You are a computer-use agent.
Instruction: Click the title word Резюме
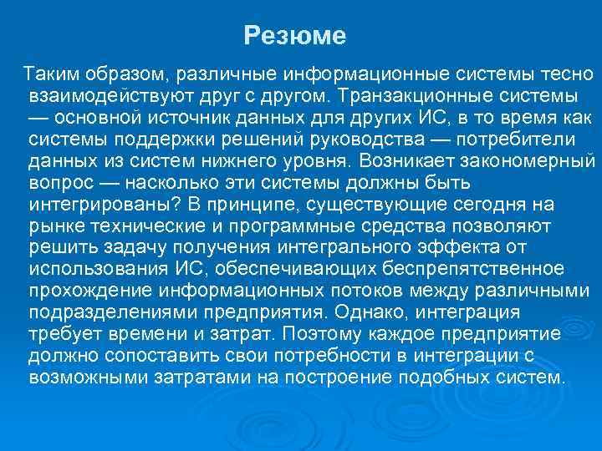pyautogui.click(x=294, y=36)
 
